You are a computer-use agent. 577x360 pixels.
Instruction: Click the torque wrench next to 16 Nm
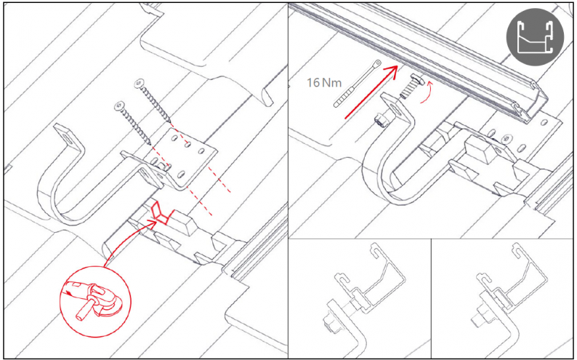[x=357, y=84]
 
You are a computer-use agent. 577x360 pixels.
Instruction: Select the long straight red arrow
[x=371, y=92]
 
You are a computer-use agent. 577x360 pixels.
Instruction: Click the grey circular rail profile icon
[x=535, y=37]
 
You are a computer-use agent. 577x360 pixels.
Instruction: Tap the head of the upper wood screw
[x=140, y=84]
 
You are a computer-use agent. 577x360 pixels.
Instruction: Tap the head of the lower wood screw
[x=120, y=106]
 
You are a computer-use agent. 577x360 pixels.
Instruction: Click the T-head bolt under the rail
[x=411, y=86]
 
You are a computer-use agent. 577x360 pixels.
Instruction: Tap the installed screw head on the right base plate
[x=507, y=139]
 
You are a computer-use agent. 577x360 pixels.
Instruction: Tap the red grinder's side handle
[x=84, y=311]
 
